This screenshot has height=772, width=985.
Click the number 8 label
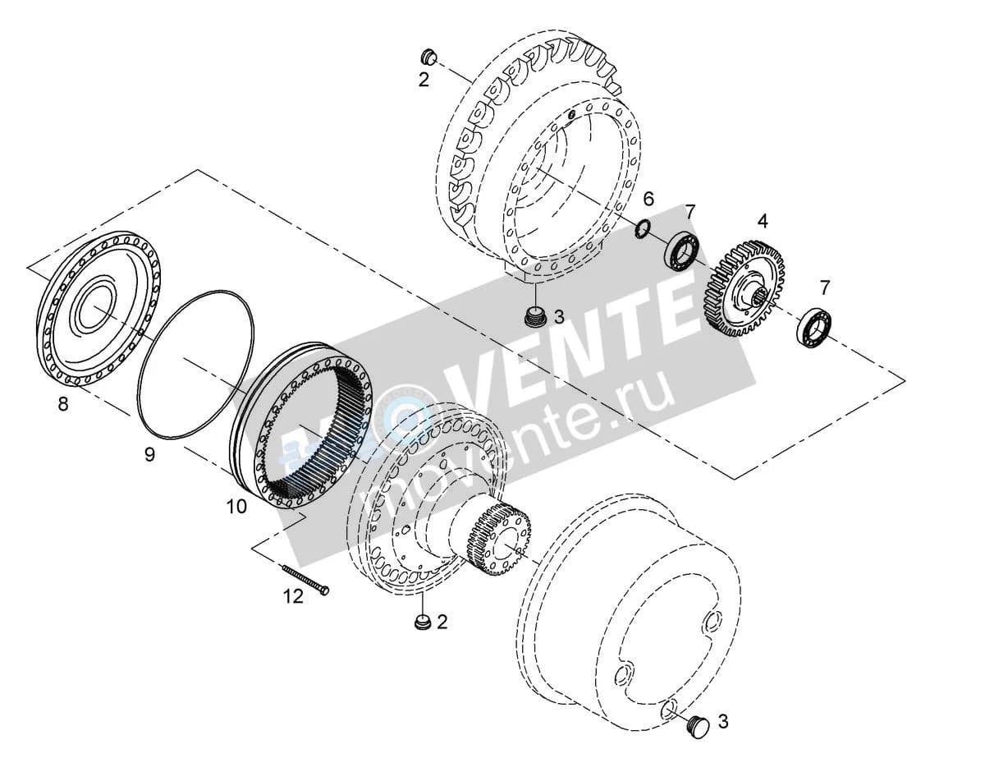click(x=63, y=403)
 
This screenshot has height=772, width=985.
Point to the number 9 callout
click(x=149, y=454)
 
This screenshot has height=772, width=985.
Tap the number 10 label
click(x=236, y=507)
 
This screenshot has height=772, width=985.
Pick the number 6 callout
click(x=648, y=199)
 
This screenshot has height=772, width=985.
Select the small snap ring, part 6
click(x=643, y=228)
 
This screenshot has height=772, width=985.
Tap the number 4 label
click(x=763, y=222)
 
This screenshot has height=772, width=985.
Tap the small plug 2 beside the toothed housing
click(x=428, y=57)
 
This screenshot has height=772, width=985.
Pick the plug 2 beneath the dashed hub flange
click(x=423, y=621)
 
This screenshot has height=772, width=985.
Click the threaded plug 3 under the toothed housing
click(x=535, y=316)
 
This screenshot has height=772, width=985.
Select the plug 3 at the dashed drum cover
click(x=698, y=728)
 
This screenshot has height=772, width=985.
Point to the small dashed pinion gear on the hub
click(x=501, y=540)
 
